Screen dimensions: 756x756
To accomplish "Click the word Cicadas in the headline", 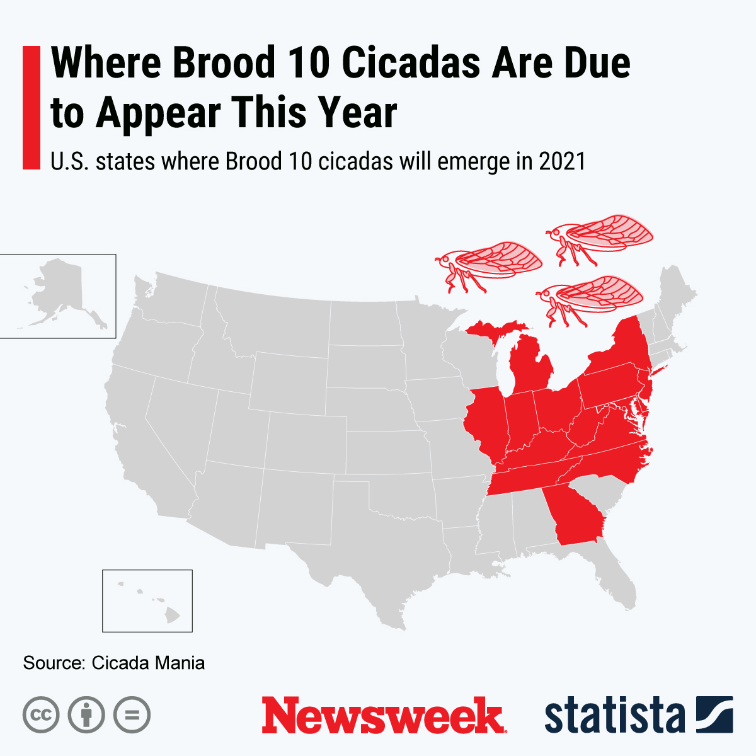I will tap(412, 63).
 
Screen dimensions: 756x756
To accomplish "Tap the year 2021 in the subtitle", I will tap(562, 162).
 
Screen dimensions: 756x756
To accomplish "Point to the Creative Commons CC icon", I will tap(41, 715).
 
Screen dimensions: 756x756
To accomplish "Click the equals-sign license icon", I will tap(132, 715).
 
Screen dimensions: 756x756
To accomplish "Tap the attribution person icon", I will tap(86, 715).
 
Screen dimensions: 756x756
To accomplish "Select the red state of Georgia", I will tap(575, 517).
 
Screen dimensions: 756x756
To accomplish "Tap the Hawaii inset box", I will tap(147, 600).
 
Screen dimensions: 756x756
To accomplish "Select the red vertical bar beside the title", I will tap(31, 107).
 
